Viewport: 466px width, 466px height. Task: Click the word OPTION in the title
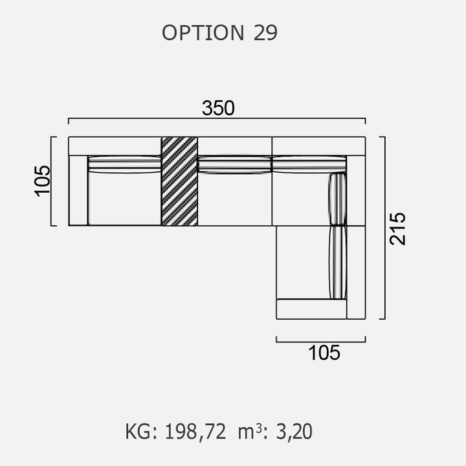coord(203,32)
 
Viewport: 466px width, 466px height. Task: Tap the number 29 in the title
coord(265,32)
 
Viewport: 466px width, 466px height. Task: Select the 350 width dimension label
coord(218,108)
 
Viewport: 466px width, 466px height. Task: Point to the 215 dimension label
coord(397,228)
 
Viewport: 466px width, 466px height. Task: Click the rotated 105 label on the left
coord(42,181)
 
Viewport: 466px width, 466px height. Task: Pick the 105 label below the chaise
coord(324,353)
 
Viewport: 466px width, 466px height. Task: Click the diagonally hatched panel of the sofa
coord(179,181)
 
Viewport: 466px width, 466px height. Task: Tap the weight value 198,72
coord(195,432)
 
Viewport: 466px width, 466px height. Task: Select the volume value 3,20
coord(294,432)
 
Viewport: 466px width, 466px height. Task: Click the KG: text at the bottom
coord(141,432)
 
